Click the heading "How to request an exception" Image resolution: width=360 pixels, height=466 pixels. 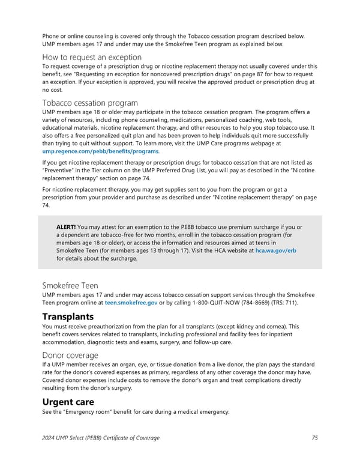pyautogui.click(x=91, y=57)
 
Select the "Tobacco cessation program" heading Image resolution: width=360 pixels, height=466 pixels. pyautogui.click(x=89, y=103)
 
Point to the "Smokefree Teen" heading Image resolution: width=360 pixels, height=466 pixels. pyautogui.click(x=70, y=286)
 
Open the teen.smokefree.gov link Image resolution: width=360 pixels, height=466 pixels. pyautogui.click(x=131, y=303)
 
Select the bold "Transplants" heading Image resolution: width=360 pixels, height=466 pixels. pyautogui.click(x=68, y=316)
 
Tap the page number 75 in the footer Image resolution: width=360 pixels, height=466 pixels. pyautogui.click(x=315, y=438)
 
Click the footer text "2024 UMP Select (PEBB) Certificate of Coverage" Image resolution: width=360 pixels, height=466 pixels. pyautogui.click(x=101, y=438)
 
